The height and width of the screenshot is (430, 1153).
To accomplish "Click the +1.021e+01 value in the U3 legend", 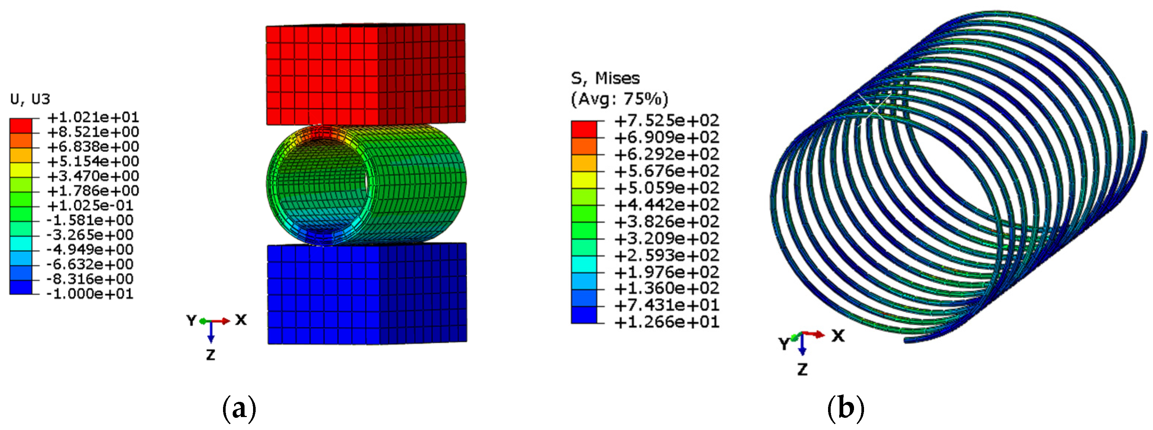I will pyautogui.click(x=93, y=117).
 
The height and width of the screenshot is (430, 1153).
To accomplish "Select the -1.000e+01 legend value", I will pyautogui.click(x=90, y=294).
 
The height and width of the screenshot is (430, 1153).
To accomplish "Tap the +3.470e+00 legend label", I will pyautogui.click(x=93, y=176).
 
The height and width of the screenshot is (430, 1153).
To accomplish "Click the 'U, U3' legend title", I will pyautogui.click(x=30, y=99).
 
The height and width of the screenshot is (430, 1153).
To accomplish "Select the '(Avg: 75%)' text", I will pyautogui.click(x=619, y=99).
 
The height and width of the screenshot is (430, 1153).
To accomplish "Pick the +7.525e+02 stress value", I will pyautogui.click(x=667, y=120).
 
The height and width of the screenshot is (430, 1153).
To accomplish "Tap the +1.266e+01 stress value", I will pyautogui.click(x=667, y=322).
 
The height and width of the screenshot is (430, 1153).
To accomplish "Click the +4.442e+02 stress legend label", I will pyautogui.click(x=667, y=204).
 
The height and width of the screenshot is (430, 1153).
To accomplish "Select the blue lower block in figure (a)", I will pyautogui.click(x=367, y=294).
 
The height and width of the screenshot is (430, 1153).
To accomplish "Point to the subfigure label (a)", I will pyautogui.click(x=239, y=408).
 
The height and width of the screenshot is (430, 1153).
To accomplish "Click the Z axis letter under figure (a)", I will pyautogui.click(x=210, y=355).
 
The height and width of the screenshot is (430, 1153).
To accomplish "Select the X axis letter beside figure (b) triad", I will pyautogui.click(x=838, y=336).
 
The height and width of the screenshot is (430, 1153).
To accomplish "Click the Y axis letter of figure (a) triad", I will pyautogui.click(x=192, y=320).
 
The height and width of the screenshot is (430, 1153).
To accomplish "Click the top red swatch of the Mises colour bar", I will pyautogui.click(x=584, y=129).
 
